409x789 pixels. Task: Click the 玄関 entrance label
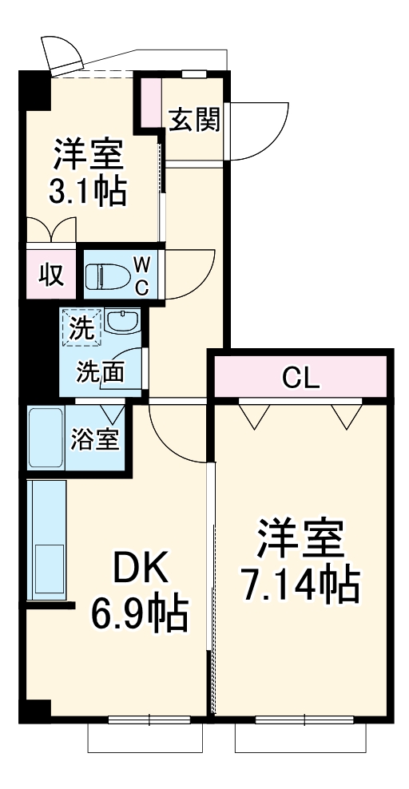pyautogui.click(x=194, y=122)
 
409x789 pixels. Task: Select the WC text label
pyautogui.click(x=141, y=276)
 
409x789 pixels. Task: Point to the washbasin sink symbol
pyautogui.click(x=121, y=323)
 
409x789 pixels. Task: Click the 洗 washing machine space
pyautogui.click(x=81, y=327)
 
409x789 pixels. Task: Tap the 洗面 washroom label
pyautogui.click(x=100, y=371)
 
